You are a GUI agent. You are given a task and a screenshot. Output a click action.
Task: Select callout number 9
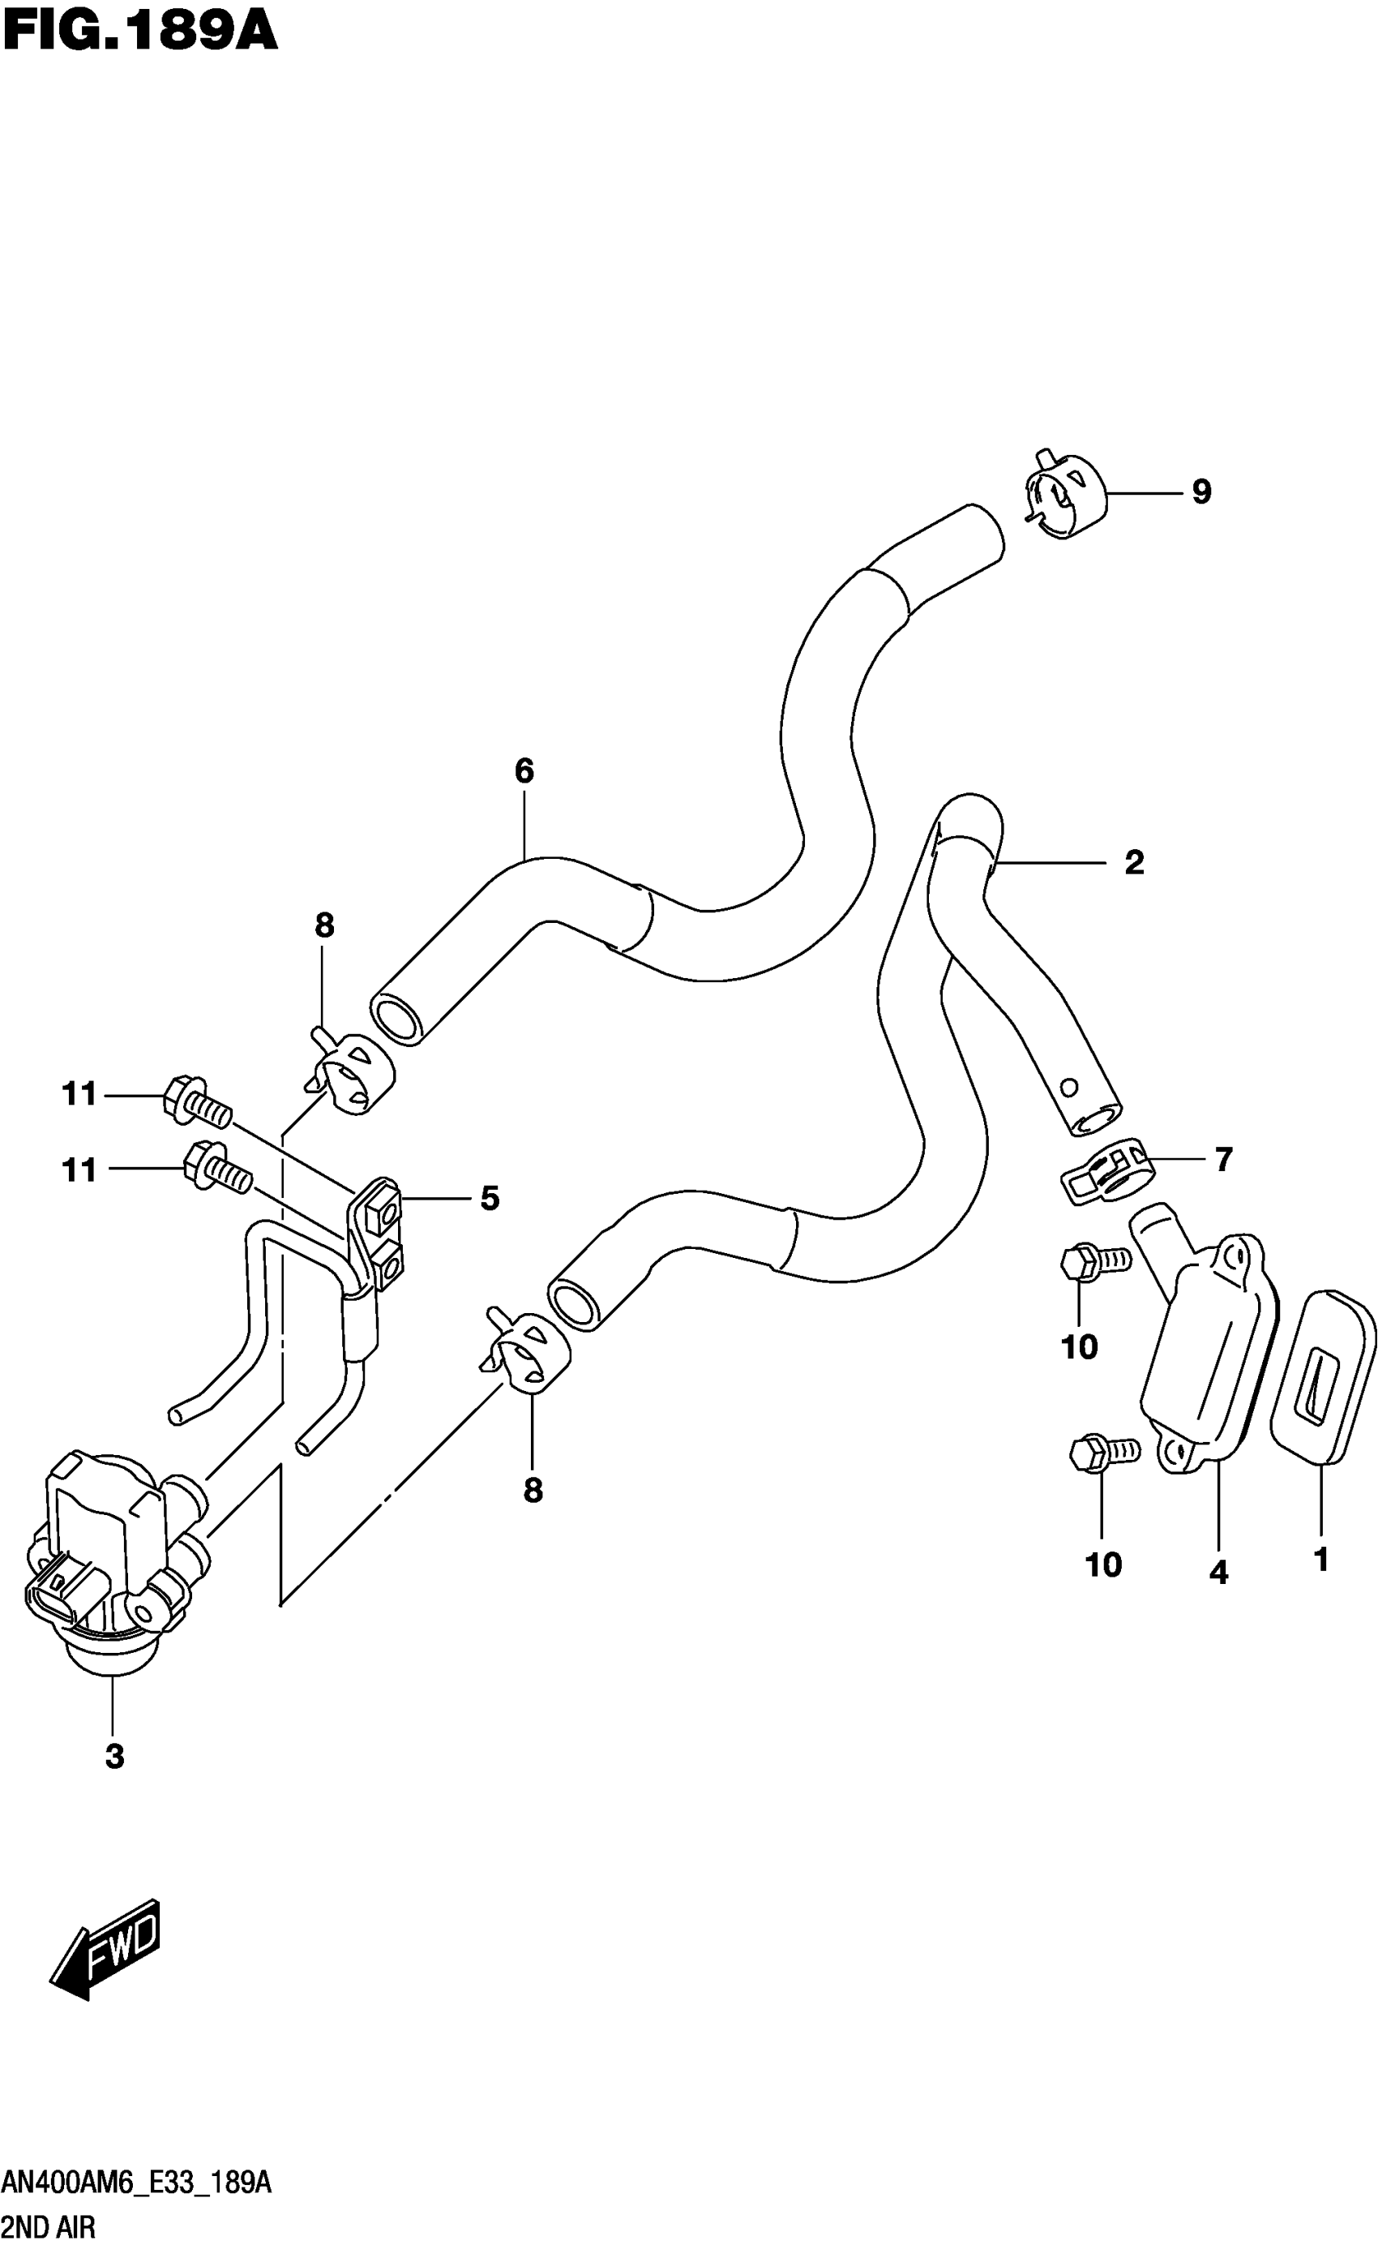(x=1202, y=492)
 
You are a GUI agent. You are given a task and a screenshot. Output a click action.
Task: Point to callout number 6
(x=524, y=771)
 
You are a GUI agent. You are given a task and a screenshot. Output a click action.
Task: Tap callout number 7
(x=1223, y=1160)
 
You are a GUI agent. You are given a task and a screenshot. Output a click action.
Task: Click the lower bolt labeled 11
(x=217, y=1169)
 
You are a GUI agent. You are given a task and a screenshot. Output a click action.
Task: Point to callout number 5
(x=490, y=1198)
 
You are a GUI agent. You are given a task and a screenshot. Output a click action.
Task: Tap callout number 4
(x=1218, y=1572)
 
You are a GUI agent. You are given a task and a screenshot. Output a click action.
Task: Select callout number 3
(x=114, y=1755)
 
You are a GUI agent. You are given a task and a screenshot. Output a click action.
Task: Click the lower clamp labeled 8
(x=526, y=1357)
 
